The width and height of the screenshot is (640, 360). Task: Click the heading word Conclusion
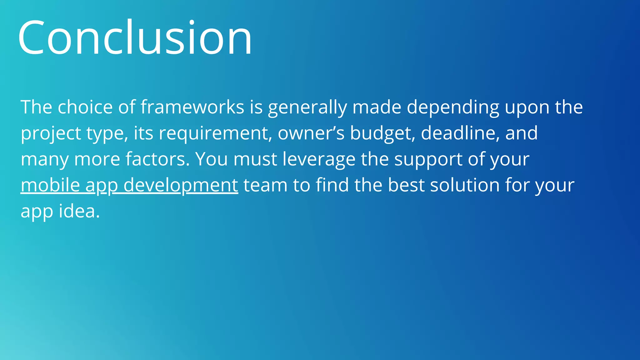coord(135,37)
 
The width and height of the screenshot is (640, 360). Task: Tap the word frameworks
coord(192,107)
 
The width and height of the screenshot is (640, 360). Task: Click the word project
coord(51,134)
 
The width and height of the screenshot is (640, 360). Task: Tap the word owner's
coord(311,133)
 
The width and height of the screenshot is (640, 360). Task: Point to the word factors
coord(158,159)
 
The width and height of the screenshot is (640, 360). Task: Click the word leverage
coord(319,160)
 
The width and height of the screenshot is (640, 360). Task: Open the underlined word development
coord(181,186)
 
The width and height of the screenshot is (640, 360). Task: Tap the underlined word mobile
coord(50,185)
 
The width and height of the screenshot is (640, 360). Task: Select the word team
coord(265,185)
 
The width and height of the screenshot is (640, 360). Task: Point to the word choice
coord(85,107)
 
